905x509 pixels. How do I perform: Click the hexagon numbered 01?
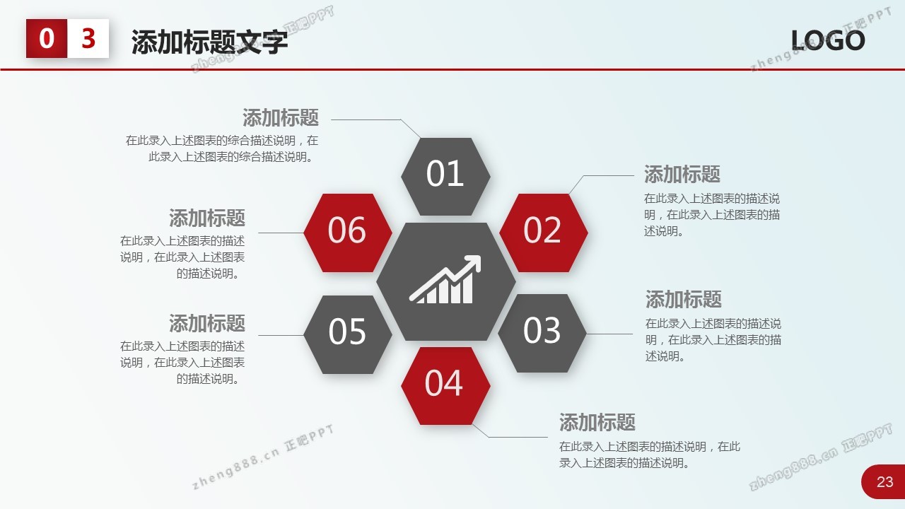pos(445,177)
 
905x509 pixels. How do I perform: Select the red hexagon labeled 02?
pos(544,233)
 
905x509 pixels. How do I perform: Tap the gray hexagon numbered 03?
pos(542,333)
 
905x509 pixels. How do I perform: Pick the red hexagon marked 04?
pos(445,386)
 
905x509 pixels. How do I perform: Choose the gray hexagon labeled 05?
pos(348,334)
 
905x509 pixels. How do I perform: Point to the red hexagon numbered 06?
pos(348,233)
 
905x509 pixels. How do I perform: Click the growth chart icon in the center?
pos(445,279)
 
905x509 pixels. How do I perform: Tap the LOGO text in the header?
pos(828,40)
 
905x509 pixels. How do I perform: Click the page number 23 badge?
pos(883,481)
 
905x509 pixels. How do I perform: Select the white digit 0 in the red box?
pos(47,38)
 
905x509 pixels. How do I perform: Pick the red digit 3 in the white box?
pos(88,38)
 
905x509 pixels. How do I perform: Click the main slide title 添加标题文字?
pos(210,42)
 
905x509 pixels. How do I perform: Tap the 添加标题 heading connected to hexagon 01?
pos(281,117)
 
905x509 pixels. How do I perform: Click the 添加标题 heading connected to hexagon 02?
pos(682,174)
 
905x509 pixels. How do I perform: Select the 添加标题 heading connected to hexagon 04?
pos(597,422)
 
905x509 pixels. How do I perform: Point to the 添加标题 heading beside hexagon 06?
pos(207,218)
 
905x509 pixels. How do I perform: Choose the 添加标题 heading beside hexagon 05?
pos(207,323)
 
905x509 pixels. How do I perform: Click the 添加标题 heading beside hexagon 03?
pos(683,299)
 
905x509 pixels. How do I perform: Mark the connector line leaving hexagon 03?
pos(609,334)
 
